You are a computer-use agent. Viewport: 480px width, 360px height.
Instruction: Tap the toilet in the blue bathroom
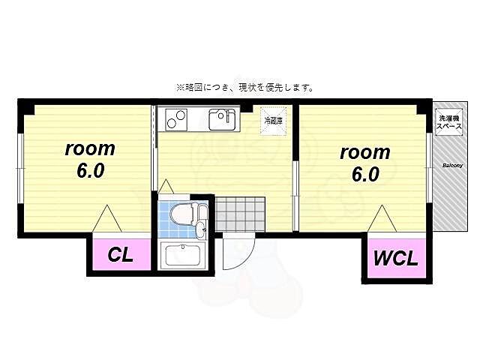[181, 216]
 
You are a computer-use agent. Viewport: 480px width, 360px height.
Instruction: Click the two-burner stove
[177, 118]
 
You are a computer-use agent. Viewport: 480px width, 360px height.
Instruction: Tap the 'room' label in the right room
[364, 153]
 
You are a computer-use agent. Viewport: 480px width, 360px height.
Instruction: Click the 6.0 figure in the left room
[89, 171]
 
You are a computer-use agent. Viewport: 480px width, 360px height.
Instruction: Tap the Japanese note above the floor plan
[244, 87]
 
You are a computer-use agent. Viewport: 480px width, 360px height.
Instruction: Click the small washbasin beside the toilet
[201, 213]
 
